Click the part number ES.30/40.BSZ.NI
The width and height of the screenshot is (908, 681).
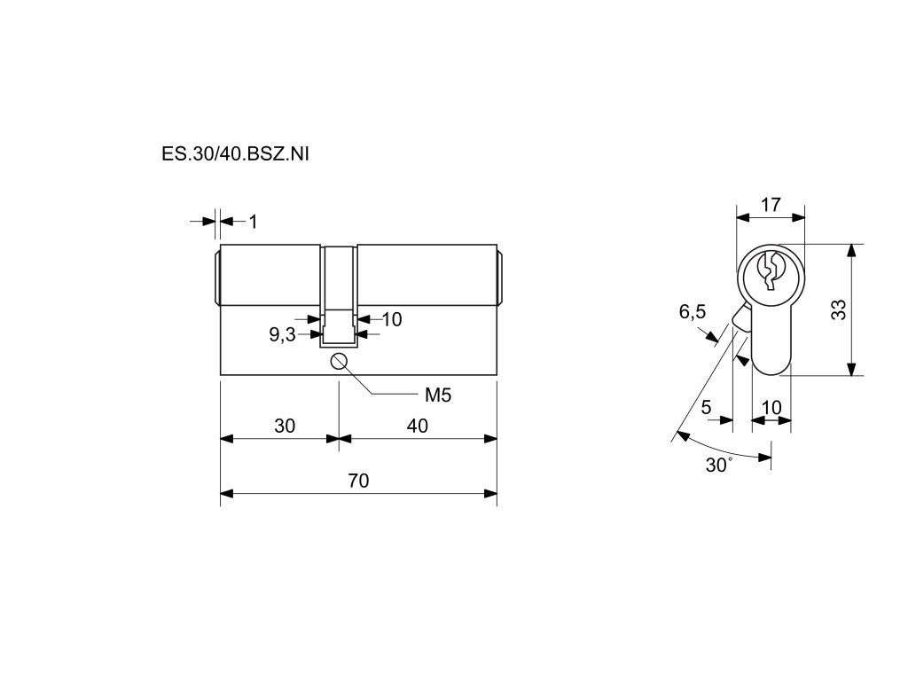(x=235, y=153)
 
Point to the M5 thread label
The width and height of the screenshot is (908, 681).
(x=438, y=395)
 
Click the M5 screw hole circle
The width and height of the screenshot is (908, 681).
(x=339, y=360)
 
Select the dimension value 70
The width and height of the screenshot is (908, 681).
(x=357, y=481)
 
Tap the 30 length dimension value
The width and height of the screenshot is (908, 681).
(x=284, y=426)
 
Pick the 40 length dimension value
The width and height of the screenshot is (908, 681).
(x=417, y=426)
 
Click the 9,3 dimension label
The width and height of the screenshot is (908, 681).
(x=282, y=334)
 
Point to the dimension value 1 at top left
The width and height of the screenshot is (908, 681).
(x=253, y=222)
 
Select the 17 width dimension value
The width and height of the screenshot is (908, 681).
(x=771, y=205)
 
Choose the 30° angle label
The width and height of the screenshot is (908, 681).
(x=718, y=466)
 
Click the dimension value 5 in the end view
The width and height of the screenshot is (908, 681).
(x=706, y=407)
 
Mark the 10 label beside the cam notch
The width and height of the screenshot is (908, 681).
(x=391, y=319)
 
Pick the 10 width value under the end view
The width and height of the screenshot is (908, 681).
(x=771, y=407)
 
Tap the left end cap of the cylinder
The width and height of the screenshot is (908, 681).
(x=217, y=278)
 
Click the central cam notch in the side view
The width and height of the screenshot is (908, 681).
(x=339, y=293)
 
